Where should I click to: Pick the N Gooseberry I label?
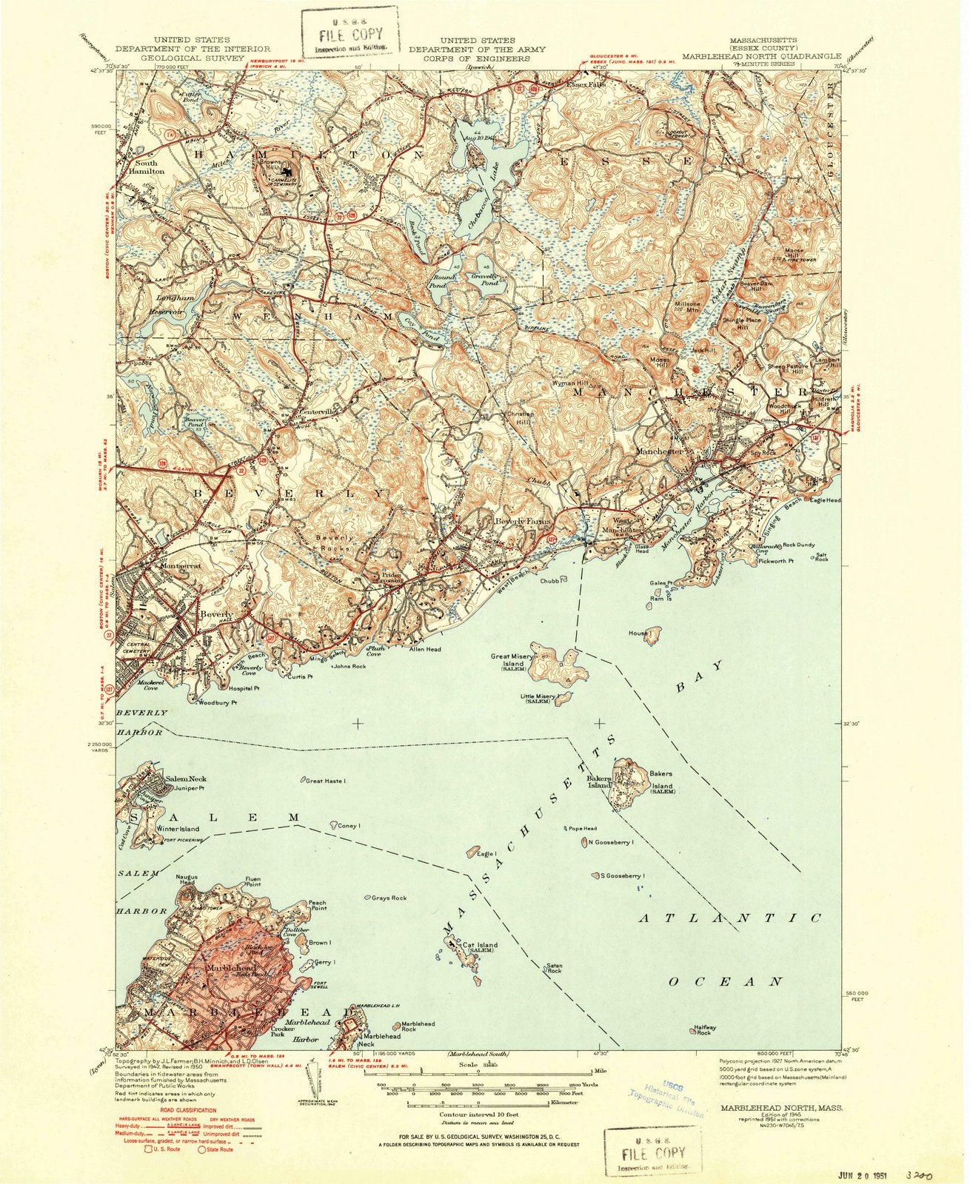point(611,842)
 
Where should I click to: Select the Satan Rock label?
point(554,968)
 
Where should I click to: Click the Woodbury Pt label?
point(218,702)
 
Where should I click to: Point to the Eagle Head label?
point(825,501)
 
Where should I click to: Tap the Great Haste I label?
point(326,781)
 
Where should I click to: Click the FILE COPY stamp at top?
point(350,35)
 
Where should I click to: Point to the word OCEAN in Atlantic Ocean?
point(726,982)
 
